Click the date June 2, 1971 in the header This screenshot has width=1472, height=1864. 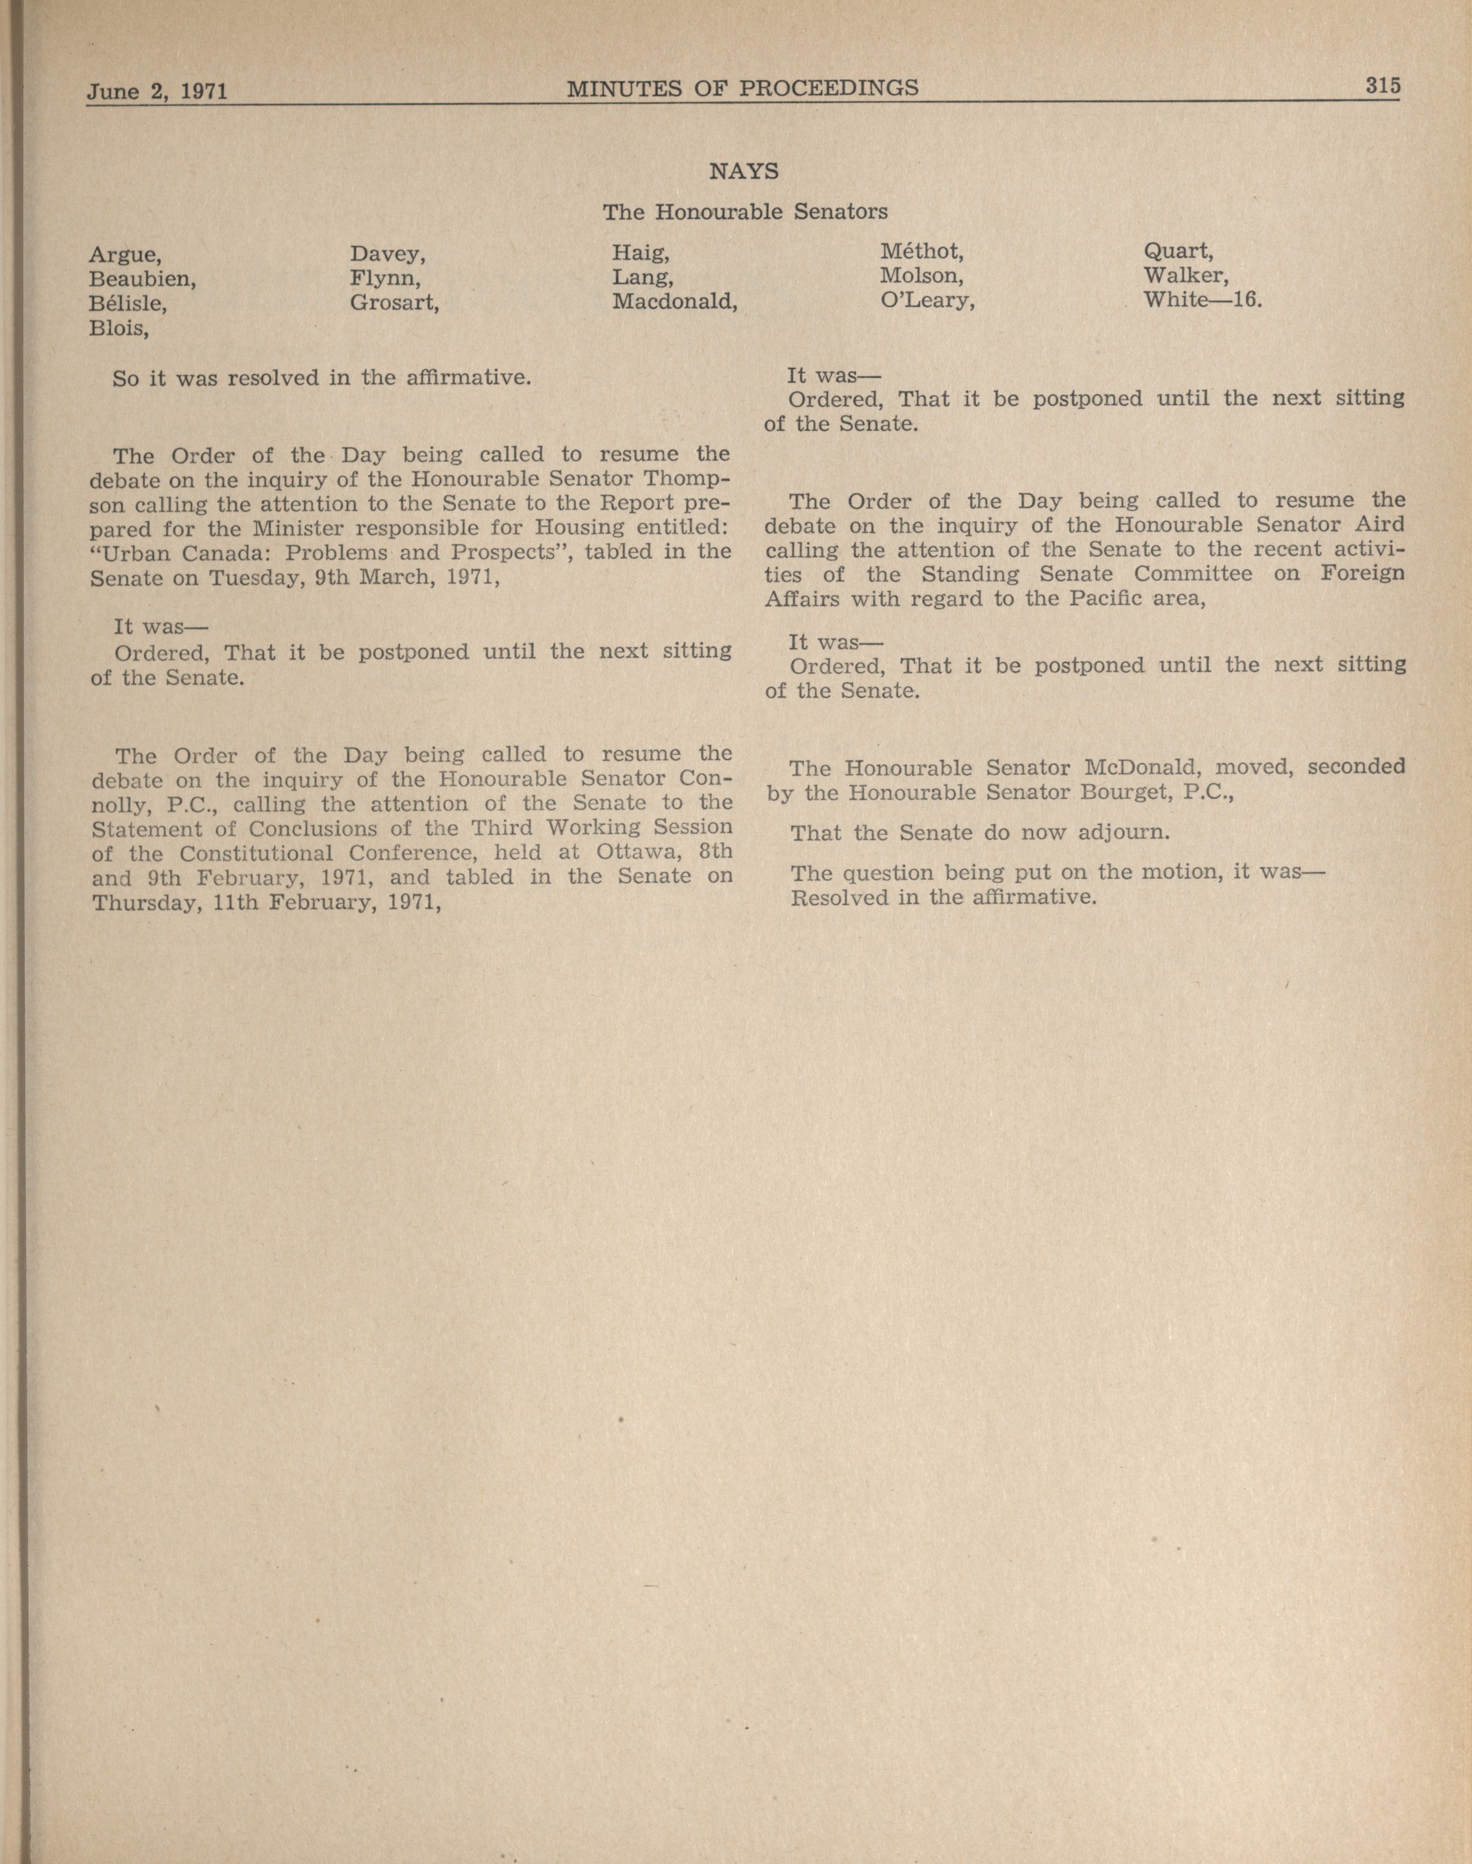(157, 91)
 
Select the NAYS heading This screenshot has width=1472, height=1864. (744, 172)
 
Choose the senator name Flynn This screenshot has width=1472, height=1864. (385, 279)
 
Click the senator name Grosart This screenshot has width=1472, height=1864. (395, 303)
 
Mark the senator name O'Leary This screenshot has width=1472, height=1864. (927, 302)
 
